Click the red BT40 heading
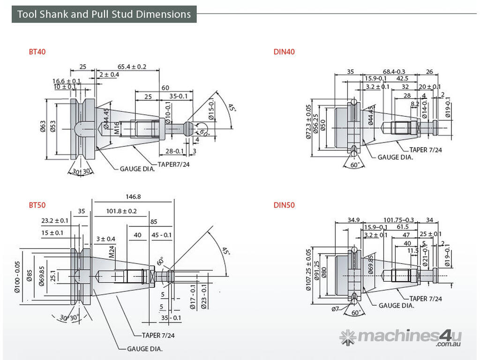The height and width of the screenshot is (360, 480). tap(37, 52)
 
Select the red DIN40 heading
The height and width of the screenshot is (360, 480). tap(284, 52)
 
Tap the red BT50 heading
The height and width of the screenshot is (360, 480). tap(37, 205)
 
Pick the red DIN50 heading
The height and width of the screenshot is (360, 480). tap(284, 205)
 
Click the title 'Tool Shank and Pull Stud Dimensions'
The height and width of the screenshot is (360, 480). tap(104, 14)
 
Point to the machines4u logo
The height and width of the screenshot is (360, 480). tap(401, 337)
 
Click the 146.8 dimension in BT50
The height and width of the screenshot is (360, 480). tap(133, 197)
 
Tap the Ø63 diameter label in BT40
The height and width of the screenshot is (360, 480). tap(43, 127)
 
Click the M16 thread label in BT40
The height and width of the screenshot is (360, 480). tap(118, 127)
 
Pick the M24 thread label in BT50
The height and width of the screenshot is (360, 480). tap(112, 253)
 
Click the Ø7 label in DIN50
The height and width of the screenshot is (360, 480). tap(335, 309)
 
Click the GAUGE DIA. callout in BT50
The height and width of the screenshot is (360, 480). tap(145, 349)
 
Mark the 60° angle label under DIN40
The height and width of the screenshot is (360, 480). tap(355, 165)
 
